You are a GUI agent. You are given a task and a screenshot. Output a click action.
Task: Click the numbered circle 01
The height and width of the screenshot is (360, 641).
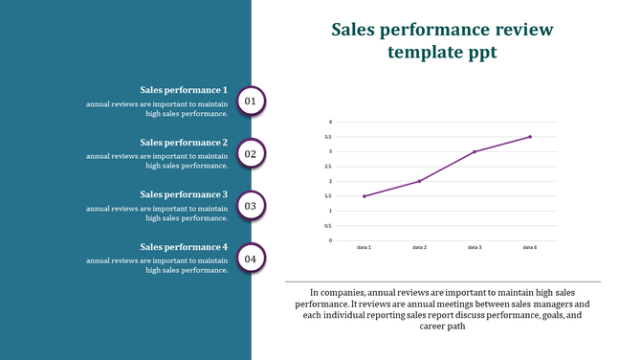tap(251, 101)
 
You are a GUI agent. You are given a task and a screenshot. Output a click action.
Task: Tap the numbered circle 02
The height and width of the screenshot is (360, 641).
tap(251, 153)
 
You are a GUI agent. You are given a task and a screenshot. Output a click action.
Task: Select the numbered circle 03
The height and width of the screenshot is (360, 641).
tap(251, 206)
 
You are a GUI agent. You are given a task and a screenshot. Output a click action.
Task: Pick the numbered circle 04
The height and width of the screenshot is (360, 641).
tap(251, 259)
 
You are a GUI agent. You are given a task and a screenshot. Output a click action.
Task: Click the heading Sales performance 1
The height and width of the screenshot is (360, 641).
tap(184, 90)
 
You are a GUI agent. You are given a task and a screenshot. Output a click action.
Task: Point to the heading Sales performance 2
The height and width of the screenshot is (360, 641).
tap(184, 143)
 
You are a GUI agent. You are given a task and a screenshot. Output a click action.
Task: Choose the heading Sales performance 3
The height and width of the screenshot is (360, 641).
tap(184, 194)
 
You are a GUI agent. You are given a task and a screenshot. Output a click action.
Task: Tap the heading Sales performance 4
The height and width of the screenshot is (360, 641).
tap(184, 247)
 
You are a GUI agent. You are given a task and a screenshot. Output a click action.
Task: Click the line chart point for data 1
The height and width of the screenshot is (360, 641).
tap(364, 196)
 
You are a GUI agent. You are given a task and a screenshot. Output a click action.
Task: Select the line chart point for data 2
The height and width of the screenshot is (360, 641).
tap(419, 181)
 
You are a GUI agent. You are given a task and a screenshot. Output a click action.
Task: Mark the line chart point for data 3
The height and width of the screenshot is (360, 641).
tap(474, 151)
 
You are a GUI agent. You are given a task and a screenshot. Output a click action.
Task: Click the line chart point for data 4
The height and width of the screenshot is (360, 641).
tap(529, 137)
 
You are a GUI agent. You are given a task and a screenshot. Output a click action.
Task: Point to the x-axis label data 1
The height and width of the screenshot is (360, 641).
tap(364, 247)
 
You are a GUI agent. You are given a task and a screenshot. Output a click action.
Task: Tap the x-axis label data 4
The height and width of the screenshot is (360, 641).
tap(529, 247)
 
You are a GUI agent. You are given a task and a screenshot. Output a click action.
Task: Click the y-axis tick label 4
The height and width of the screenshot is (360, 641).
tap(330, 122)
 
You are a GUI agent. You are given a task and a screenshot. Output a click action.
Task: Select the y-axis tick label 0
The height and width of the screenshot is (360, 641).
tap(330, 240)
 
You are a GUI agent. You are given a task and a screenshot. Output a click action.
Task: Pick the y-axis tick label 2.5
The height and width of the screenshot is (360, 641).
tap(329, 167)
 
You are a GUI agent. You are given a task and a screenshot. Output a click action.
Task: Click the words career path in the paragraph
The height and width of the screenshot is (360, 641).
tap(442, 326)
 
